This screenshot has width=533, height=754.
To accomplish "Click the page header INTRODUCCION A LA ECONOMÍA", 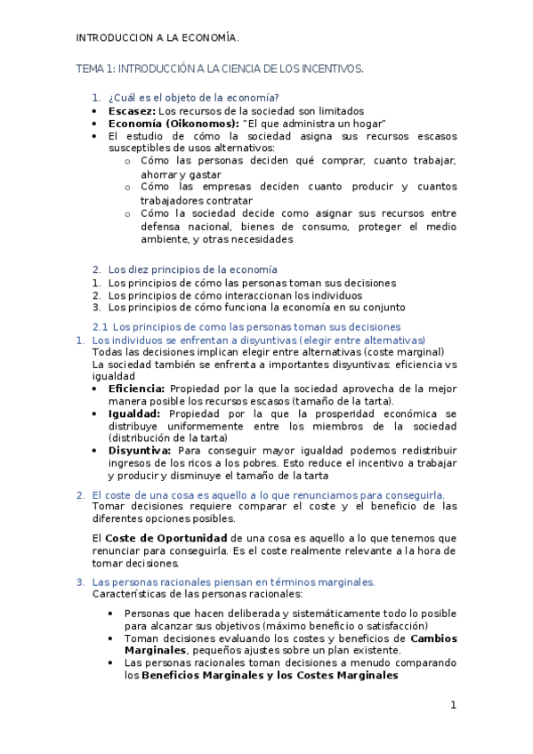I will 157,37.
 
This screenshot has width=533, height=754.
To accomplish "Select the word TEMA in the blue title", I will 90,68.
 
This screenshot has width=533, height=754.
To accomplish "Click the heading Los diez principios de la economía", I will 193,269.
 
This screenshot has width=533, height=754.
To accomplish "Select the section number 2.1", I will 101,326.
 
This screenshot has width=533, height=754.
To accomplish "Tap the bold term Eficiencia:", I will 136,389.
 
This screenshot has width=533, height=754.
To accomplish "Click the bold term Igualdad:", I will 134,413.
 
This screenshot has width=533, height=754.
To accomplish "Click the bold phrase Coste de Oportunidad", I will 166,538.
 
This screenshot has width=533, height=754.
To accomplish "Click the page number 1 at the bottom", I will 453,705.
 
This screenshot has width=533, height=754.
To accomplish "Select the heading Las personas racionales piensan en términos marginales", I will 233,582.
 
